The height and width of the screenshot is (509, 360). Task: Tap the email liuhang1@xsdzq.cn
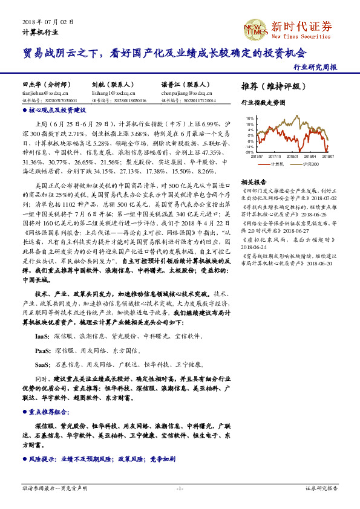point(110,94)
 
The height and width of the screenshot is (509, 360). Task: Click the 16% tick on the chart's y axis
point(249,118)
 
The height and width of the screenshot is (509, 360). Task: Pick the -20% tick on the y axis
point(249,152)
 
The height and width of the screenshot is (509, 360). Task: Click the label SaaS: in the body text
point(42,365)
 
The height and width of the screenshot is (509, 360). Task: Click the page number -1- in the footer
point(180,488)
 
